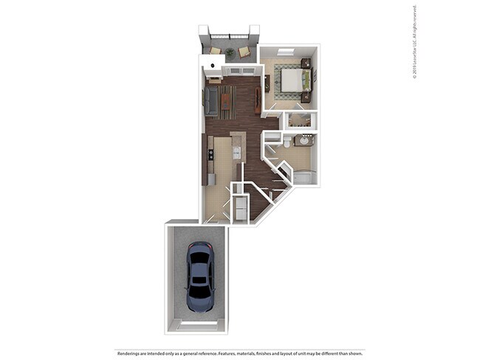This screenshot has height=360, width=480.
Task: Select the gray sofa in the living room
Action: (x=212, y=101)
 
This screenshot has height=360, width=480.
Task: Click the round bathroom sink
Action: (x=303, y=140)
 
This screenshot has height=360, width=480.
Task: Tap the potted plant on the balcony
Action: (x=229, y=52)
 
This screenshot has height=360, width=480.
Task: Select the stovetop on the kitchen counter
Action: (x=210, y=154)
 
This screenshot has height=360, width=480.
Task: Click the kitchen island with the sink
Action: (x=237, y=148)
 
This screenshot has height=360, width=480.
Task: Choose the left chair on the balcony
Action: (x=215, y=50)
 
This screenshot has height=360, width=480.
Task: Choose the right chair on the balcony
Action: (x=244, y=51)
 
